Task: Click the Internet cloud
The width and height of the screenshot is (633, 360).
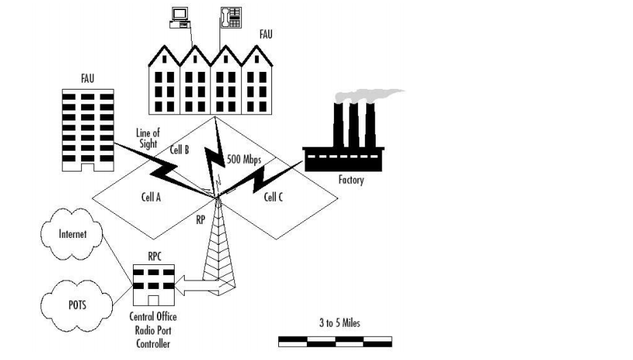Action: tap(71, 234)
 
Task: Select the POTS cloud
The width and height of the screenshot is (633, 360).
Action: tap(77, 305)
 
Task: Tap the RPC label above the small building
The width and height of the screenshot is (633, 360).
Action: tap(155, 256)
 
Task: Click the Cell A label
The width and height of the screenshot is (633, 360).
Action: tap(151, 197)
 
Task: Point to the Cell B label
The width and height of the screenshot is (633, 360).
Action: tap(179, 150)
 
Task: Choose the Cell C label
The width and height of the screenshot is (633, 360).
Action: tap(274, 197)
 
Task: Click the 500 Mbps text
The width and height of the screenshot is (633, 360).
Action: tap(243, 159)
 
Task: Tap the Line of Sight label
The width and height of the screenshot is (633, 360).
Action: tap(148, 138)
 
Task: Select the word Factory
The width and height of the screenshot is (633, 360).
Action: tap(351, 179)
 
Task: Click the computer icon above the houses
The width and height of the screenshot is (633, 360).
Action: tap(179, 18)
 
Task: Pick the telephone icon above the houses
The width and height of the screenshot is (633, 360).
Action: tap(231, 17)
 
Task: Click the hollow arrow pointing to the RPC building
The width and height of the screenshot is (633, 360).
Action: tap(200, 285)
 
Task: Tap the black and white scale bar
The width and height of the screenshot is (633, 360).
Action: tap(335, 341)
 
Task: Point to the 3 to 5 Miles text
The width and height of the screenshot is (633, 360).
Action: tap(339, 323)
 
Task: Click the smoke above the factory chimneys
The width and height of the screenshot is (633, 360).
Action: tap(368, 96)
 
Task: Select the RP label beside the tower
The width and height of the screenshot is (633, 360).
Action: tap(200, 220)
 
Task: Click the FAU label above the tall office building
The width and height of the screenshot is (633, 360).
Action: tap(87, 78)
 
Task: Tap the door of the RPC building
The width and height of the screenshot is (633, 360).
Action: tap(153, 301)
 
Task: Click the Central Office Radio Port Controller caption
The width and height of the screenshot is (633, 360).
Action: tap(153, 330)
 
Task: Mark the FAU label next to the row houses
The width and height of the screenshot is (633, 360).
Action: tap(266, 35)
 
